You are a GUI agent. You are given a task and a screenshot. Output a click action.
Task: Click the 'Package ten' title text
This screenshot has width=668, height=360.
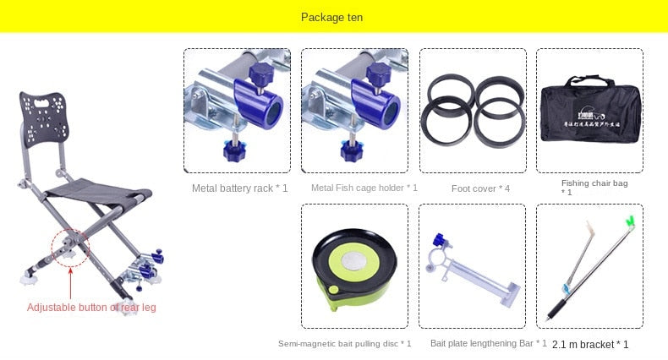point(333,17)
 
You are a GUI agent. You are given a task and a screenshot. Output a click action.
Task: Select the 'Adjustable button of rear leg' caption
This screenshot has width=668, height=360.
point(91,308)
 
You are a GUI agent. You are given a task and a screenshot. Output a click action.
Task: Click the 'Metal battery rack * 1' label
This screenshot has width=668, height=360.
point(239,188)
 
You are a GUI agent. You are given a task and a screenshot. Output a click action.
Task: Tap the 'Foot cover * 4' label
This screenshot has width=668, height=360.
point(480,188)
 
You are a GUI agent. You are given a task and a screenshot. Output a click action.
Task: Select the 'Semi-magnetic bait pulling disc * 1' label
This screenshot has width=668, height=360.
point(344,343)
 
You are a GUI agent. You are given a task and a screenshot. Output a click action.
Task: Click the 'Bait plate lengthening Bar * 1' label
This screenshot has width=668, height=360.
point(488,343)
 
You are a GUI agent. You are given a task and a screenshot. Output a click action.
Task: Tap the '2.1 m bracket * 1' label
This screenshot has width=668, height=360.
point(590,344)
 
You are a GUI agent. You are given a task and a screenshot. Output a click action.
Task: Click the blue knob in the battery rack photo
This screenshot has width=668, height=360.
point(231,150)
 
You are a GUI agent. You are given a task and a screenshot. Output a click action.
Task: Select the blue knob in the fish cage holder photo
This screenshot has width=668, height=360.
point(348,150)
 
